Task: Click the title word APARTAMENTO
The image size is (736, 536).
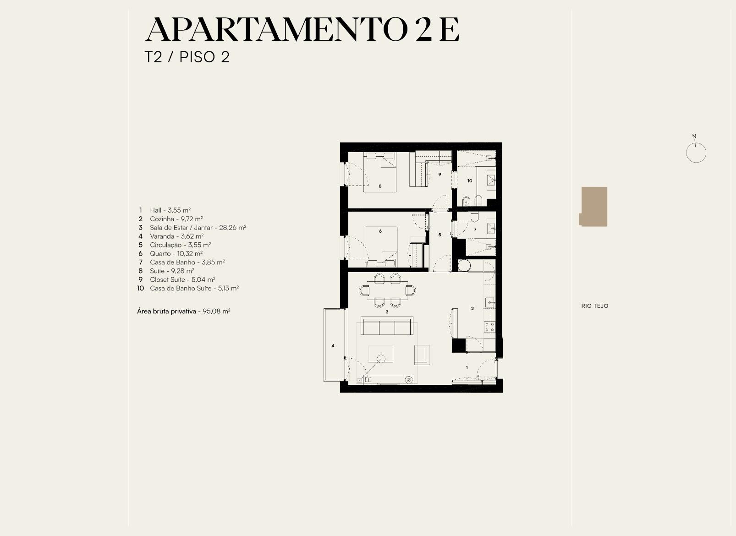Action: pyautogui.click(x=276, y=30)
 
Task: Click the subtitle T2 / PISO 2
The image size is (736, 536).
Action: pyautogui.click(x=187, y=57)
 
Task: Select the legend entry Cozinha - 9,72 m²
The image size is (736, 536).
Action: pyautogui.click(x=176, y=219)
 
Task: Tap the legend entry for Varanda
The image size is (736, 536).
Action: pyautogui.click(x=177, y=236)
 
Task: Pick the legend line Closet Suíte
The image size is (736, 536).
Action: pyautogui.click(x=182, y=279)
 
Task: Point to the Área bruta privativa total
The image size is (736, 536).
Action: pyautogui.click(x=184, y=311)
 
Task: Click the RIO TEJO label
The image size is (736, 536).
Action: pyautogui.click(x=595, y=306)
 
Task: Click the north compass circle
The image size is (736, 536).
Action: pyautogui.click(x=696, y=153)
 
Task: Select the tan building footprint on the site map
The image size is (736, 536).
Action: pyautogui.click(x=593, y=207)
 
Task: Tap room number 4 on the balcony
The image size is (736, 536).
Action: pyautogui.click(x=333, y=345)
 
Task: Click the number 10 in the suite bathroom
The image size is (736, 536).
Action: pyautogui.click(x=470, y=180)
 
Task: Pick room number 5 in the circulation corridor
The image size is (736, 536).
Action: pyautogui.click(x=439, y=235)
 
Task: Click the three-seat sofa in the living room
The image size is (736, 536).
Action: pyautogui.click(x=387, y=325)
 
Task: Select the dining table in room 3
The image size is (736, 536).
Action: pyautogui.click(x=387, y=290)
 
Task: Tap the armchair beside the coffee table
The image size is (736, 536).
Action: pyautogui.click(x=422, y=355)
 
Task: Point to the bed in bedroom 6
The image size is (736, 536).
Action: pyautogui.click(x=381, y=246)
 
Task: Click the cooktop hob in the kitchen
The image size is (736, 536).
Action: pyautogui.click(x=489, y=327)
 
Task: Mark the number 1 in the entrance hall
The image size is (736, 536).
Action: pyautogui.click(x=467, y=367)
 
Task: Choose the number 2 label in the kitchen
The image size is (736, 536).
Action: pyautogui.click(x=472, y=308)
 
